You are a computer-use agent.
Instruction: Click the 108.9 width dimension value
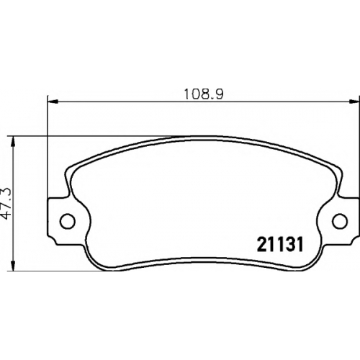(x=204, y=94)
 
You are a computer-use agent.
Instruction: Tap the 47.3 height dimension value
(x=7, y=204)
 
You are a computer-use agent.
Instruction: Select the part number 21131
(x=280, y=244)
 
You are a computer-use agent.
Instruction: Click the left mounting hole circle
(x=68, y=220)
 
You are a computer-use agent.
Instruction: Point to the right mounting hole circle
(x=340, y=220)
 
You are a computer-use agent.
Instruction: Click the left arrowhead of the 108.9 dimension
(x=53, y=102)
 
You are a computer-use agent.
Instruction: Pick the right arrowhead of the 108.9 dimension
(x=354, y=102)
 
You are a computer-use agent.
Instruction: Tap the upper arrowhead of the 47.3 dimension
(x=14, y=142)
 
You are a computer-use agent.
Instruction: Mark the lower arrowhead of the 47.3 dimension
(x=14, y=266)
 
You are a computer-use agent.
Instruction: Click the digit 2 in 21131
(x=261, y=244)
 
